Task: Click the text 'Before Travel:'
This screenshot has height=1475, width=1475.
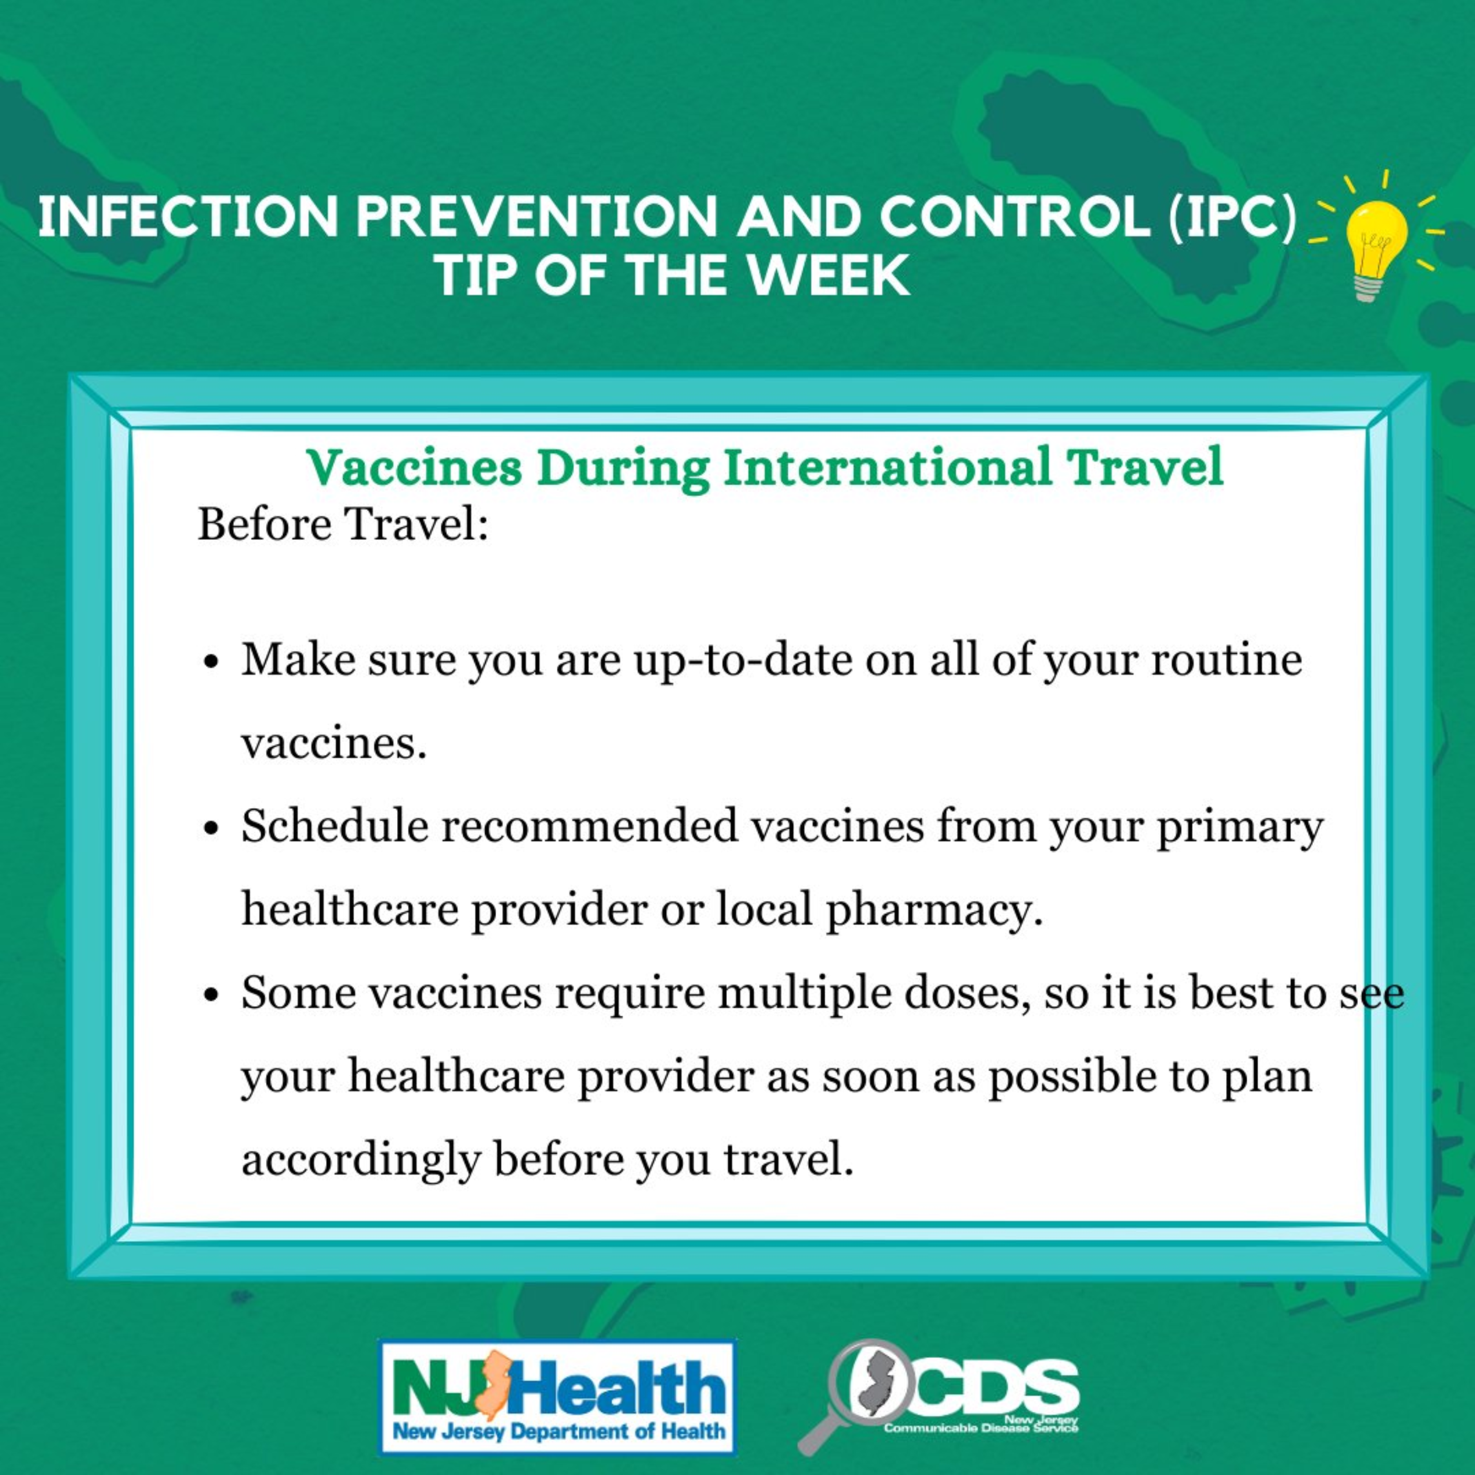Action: (343, 525)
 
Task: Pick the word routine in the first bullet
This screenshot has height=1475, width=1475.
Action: (1227, 659)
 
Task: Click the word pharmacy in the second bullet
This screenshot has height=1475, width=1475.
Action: (934, 911)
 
